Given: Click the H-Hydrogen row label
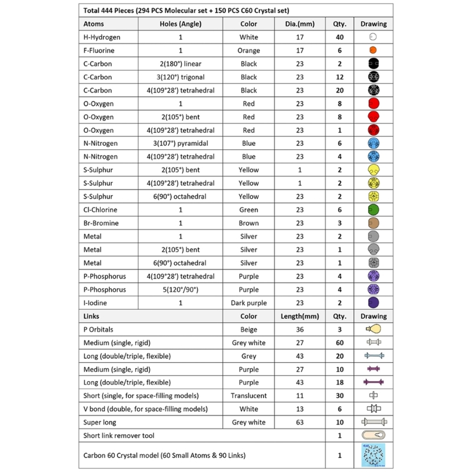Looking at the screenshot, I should click(102, 37).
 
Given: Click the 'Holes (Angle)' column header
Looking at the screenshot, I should click(180, 24).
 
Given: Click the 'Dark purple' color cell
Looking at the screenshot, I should click(248, 303).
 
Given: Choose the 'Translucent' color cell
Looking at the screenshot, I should click(248, 396).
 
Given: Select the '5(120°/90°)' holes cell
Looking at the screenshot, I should click(180, 290).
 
